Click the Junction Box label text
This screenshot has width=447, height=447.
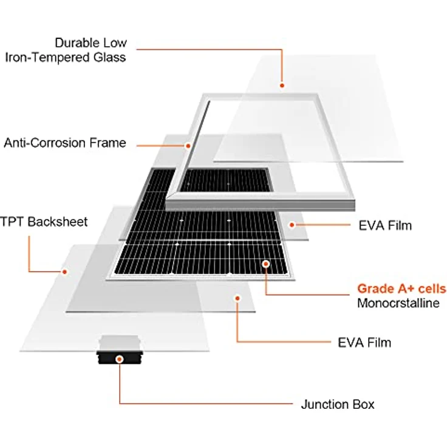[338, 404]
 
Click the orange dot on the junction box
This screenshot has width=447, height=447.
[120, 359]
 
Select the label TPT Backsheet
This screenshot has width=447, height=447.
[44, 222]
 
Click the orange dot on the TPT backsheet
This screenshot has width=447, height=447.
[63, 271]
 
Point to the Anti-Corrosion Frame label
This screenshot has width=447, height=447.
[65, 143]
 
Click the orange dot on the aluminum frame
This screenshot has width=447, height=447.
[189, 146]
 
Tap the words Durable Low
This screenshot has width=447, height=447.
[91, 43]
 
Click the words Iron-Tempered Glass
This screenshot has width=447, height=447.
[66, 58]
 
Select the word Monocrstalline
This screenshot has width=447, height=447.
[398, 303]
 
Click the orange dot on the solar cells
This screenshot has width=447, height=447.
[266, 264]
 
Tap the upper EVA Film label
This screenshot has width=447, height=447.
[384, 226]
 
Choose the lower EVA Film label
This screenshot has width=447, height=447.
[364, 343]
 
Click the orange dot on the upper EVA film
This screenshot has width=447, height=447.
[292, 225]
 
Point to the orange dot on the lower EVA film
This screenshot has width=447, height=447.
[237, 298]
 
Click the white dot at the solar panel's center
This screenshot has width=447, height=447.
[230, 220]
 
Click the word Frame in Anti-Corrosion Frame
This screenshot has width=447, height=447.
[111, 143]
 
